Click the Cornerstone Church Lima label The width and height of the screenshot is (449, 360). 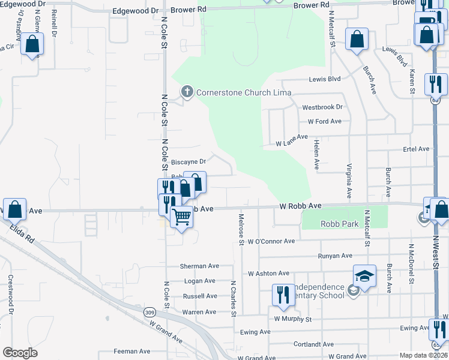tap(244, 92)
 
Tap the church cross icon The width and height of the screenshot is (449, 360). tap(187, 92)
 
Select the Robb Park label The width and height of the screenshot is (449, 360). tap(339, 224)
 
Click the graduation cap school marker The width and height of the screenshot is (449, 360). tap(364, 277)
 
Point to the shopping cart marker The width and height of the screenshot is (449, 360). tap(181, 217)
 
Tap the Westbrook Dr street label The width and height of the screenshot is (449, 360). tap(322, 107)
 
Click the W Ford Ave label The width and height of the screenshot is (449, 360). tap(324, 121)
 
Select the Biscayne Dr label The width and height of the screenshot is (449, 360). tap(188, 161)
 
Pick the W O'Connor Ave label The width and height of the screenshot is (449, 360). tap(271, 241)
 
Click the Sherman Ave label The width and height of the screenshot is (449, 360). tap(200, 266)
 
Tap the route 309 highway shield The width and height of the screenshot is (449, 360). tap(150, 312)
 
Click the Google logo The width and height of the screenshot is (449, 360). tap(20, 353)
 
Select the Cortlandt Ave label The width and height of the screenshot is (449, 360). tap(313, 345)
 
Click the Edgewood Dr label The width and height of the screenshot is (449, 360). tap(135, 11)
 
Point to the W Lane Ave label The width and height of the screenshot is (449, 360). tap(292, 143)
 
